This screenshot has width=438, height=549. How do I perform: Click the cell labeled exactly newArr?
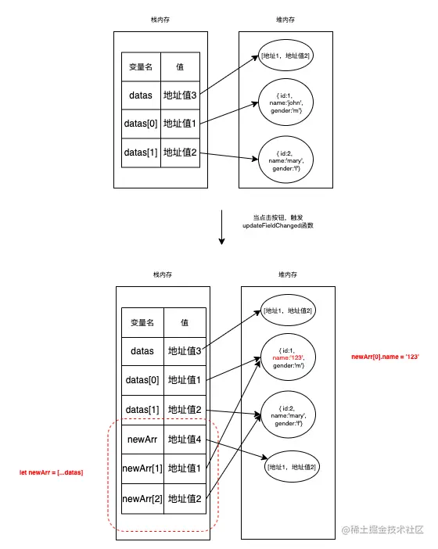click(x=142, y=440)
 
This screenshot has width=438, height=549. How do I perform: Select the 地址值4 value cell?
click(x=185, y=440)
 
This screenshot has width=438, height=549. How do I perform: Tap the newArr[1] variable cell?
click(x=142, y=468)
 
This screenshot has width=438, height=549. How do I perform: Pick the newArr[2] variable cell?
click(x=142, y=498)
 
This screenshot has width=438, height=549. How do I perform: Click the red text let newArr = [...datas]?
click(x=51, y=473)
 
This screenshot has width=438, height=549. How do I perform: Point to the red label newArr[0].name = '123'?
click(x=386, y=357)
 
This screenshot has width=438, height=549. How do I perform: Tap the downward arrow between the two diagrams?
click(x=221, y=227)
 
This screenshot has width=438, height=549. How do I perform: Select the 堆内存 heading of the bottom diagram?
click(x=287, y=274)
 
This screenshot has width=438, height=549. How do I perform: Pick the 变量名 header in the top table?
click(x=141, y=66)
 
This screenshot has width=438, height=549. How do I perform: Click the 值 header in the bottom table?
click(x=185, y=322)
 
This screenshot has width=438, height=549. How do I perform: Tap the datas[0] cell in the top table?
click(x=141, y=124)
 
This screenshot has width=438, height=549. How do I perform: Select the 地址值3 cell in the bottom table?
click(x=185, y=351)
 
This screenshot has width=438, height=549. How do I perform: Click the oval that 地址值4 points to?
click(x=290, y=467)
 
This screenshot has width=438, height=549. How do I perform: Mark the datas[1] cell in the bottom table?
click(x=142, y=410)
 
